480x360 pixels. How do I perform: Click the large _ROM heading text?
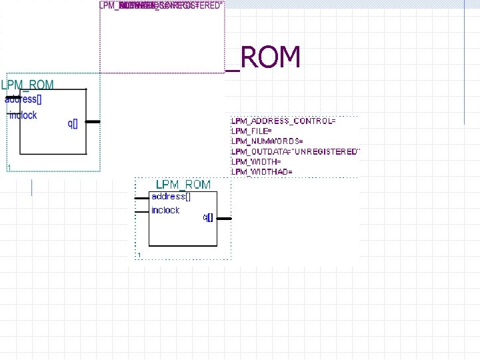263,58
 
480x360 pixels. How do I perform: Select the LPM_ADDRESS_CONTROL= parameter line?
283,121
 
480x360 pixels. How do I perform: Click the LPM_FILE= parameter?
251,131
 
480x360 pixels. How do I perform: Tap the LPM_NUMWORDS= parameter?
267,141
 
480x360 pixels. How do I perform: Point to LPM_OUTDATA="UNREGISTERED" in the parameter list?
295,152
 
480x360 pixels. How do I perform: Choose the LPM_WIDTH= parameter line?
256,162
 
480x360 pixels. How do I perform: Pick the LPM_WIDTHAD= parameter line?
261,172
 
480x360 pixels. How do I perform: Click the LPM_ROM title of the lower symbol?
183,185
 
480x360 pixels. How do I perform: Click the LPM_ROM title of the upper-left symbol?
27,85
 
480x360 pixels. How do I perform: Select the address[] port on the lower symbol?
171,197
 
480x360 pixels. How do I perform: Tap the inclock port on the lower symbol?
165,210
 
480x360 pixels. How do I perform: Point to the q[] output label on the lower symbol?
208,217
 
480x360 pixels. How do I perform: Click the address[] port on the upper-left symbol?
23,100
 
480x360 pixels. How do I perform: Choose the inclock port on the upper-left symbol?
23,115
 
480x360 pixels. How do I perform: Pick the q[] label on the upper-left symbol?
73,123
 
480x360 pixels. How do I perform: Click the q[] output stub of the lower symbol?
225,218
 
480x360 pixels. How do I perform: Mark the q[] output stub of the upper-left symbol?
93,122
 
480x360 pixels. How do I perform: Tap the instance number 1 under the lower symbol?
139,255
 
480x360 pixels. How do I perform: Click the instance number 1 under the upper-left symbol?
9,167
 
